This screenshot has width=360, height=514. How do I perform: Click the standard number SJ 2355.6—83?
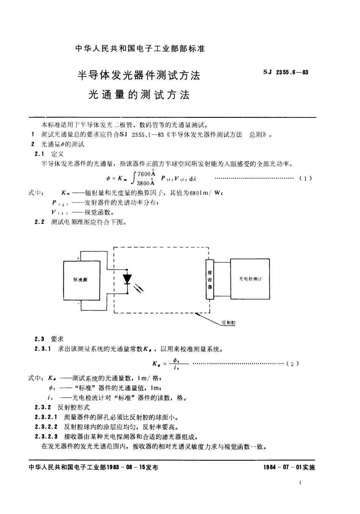285,72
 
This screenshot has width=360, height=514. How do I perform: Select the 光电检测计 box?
250,279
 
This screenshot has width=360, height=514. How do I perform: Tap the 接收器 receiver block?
210,279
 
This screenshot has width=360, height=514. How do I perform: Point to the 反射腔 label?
229,323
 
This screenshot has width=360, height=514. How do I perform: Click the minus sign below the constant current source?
78,303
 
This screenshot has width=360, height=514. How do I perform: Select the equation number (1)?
305,178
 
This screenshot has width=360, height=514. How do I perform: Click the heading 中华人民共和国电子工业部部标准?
140,49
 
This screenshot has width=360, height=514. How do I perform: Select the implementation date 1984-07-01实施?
289,467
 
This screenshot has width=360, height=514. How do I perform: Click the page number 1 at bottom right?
300,483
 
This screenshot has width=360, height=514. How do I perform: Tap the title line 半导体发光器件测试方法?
139,75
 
